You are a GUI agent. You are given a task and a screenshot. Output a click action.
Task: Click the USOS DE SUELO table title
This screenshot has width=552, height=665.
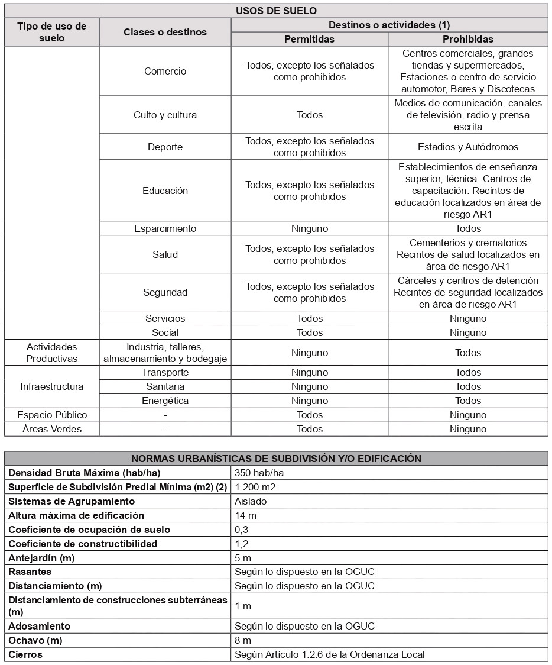click(x=276, y=11)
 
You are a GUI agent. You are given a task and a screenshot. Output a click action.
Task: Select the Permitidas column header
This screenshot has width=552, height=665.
click(x=309, y=39)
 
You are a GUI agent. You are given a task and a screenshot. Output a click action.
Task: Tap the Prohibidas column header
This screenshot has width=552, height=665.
click(x=468, y=39)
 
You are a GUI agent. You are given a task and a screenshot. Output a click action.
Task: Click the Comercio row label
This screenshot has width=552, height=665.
click(x=165, y=71)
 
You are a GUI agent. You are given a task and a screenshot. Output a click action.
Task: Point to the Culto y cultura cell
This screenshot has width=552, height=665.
click(x=165, y=115)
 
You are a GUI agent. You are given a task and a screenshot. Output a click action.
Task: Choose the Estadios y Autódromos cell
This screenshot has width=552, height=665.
click(x=468, y=147)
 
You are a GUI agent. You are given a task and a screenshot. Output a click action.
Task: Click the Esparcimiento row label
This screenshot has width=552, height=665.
click(x=165, y=228)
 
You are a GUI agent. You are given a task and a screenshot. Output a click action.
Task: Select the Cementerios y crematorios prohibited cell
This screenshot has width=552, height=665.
click(x=468, y=254)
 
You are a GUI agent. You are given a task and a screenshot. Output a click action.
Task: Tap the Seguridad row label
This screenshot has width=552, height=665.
click(x=165, y=292)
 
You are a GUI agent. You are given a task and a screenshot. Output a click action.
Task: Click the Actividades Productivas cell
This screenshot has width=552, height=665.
click(x=52, y=353)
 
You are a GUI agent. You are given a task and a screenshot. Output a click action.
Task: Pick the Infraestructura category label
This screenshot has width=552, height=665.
click(x=52, y=386)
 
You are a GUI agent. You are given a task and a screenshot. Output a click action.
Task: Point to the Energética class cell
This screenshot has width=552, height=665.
click(x=165, y=401)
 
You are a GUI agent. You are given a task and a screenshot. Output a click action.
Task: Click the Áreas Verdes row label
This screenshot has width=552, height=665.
click(x=52, y=429)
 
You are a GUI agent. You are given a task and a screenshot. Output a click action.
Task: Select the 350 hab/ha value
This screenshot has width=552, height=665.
click(x=256, y=473)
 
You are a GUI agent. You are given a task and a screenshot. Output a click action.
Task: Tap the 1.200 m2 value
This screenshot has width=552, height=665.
click(x=255, y=487)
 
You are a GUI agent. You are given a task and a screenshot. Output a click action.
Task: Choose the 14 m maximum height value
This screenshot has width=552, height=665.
click(x=245, y=515)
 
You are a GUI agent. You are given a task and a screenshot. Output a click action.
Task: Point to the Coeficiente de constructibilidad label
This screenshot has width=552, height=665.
click(x=83, y=544)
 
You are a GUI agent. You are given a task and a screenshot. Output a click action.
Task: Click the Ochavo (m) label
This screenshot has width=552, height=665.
click(x=35, y=640)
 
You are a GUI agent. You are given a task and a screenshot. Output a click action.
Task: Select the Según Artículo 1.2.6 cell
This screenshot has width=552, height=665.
click(x=329, y=654)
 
